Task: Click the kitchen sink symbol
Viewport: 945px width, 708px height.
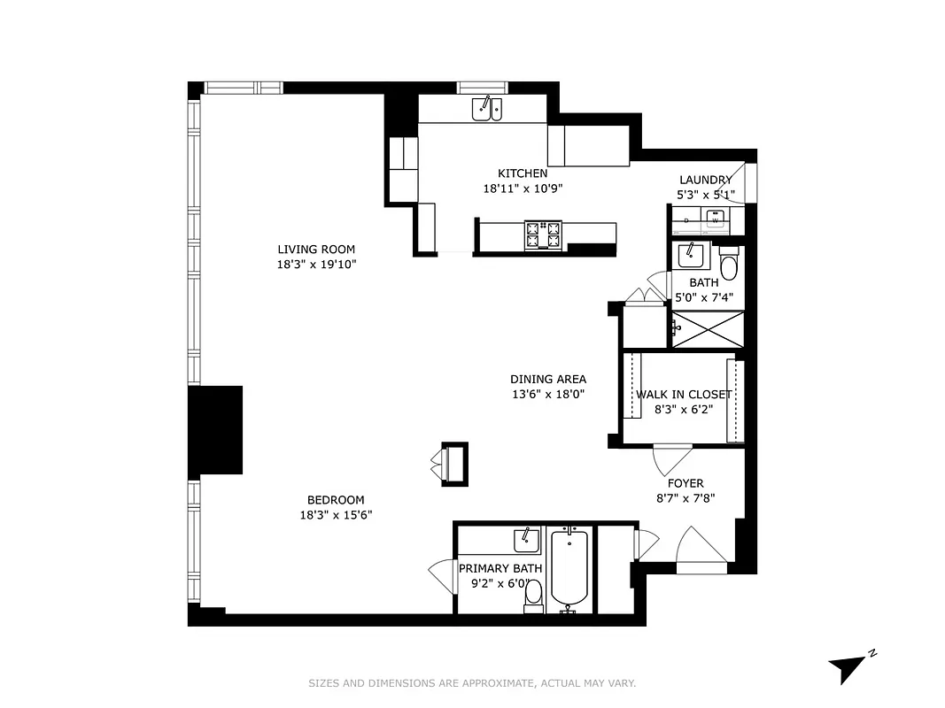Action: [x=486, y=109]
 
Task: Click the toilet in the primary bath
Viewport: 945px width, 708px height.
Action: [x=533, y=599]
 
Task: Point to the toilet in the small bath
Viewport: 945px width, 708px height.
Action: [x=728, y=265]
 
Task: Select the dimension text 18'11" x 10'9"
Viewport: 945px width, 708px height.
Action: [x=523, y=188]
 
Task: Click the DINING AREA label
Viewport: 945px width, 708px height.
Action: [x=548, y=379]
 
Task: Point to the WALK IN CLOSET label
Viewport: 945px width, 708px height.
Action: [x=684, y=394]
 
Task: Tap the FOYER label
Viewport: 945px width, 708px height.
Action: [x=686, y=483]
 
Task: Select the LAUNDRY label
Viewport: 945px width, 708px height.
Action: [x=705, y=180]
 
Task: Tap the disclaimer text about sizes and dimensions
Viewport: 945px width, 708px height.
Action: [x=472, y=683]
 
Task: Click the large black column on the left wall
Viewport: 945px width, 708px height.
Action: [x=215, y=429]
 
